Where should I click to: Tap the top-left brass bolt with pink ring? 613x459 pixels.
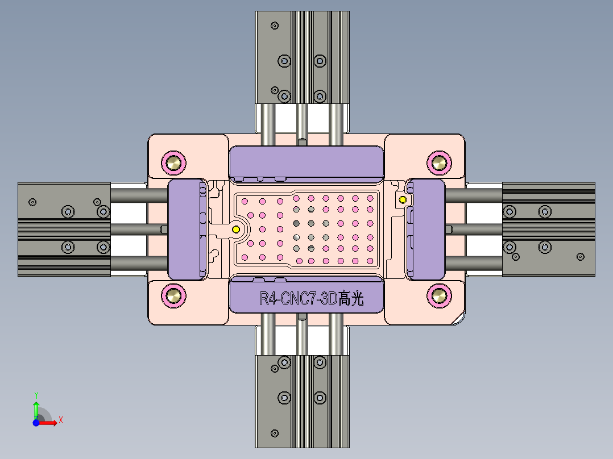point(173,163)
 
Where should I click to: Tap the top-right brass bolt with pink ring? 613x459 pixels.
point(439,163)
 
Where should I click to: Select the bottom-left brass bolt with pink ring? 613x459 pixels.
point(173,295)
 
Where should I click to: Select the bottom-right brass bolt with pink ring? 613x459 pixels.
point(439,295)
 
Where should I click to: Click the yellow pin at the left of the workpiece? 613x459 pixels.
point(236,229)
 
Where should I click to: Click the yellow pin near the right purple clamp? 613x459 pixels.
point(403,199)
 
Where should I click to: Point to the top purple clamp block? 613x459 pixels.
point(306,160)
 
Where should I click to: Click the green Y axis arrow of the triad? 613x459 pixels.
point(36,406)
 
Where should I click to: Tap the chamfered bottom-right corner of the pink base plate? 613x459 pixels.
point(458,319)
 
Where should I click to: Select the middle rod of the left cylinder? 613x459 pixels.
point(136,229)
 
